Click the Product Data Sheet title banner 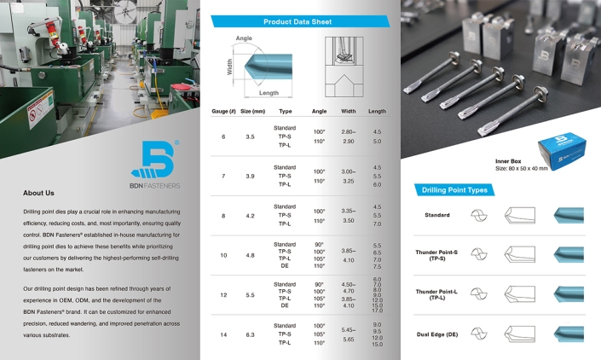298,20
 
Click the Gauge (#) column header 224,111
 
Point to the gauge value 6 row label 223,136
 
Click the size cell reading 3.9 250,176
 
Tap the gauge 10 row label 224,254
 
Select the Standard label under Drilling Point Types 437,215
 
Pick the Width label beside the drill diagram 230,67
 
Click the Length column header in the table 376,111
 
